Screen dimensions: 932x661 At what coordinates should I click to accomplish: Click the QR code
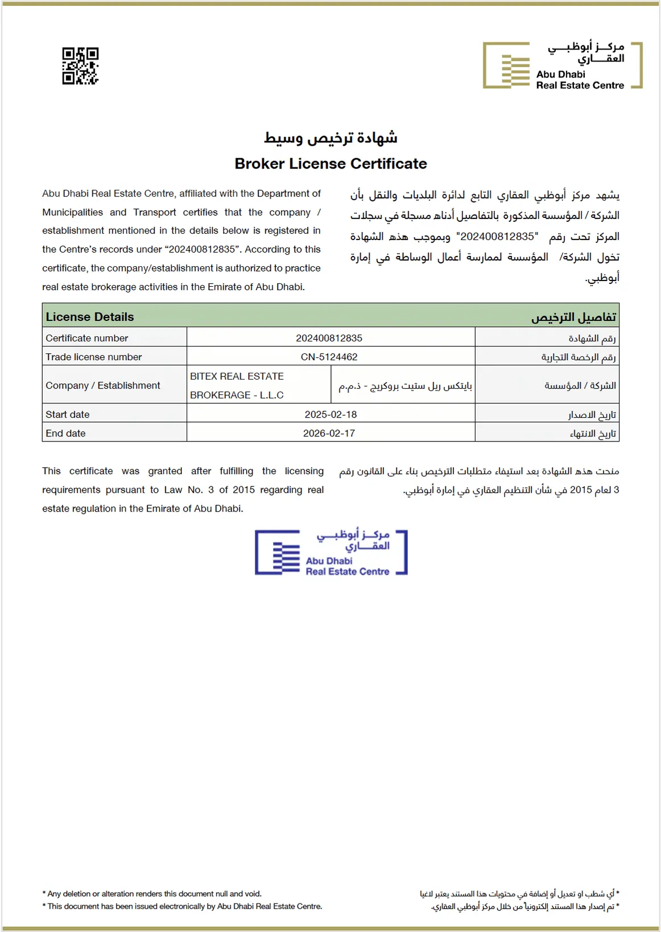click(x=80, y=66)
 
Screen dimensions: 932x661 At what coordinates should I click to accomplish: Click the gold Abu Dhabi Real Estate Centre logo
click(x=562, y=65)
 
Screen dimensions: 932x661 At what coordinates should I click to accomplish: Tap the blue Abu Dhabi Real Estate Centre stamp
click(x=331, y=552)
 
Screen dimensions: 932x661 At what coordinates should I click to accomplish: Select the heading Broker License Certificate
click(x=330, y=164)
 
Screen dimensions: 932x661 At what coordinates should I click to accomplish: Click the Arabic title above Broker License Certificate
click(x=330, y=138)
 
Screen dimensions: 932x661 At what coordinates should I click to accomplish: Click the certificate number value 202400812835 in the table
click(x=329, y=338)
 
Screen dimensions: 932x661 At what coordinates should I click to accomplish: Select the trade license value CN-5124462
click(x=329, y=357)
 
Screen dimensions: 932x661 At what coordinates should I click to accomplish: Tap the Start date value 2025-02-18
click(x=330, y=414)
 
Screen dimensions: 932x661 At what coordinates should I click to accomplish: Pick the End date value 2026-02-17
click(x=329, y=434)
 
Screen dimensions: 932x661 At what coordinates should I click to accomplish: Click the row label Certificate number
click(x=87, y=338)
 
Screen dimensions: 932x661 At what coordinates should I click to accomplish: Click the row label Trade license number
click(x=94, y=357)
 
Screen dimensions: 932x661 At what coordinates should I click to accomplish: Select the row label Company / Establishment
click(x=103, y=385)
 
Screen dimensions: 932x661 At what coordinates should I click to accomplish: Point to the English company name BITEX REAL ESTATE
click(x=237, y=377)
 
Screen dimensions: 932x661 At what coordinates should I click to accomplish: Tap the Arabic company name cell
click(x=405, y=386)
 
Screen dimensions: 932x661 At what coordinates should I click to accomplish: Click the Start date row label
click(x=68, y=414)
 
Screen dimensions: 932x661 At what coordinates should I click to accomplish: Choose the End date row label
click(x=65, y=434)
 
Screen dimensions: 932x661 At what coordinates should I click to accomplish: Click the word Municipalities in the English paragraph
click(x=72, y=212)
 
